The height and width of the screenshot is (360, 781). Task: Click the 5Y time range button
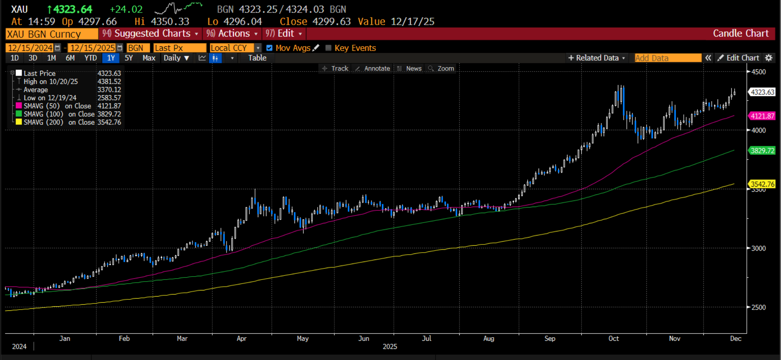coord(129,58)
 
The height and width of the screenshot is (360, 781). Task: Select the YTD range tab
coord(90,58)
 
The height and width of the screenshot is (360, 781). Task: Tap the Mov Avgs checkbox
coord(269,48)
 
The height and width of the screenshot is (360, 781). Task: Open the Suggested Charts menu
coord(150,34)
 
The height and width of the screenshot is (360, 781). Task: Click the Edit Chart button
coord(738,58)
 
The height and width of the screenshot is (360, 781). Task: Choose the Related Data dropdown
coord(596,58)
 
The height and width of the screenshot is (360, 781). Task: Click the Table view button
coord(257,58)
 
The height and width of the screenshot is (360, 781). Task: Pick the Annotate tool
coord(373,69)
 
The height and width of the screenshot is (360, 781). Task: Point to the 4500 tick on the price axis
coord(758,72)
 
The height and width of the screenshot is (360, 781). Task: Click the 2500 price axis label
coord(758,308)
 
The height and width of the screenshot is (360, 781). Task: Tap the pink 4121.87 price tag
coord(762,116)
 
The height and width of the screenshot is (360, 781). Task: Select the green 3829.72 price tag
coord(762,151)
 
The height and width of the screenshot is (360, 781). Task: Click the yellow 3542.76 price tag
coord(762,184)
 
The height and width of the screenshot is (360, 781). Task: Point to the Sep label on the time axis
coord(550,338)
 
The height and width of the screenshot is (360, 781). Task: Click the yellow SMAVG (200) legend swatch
coord(19,122)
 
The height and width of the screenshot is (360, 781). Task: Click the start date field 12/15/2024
coord(31,48)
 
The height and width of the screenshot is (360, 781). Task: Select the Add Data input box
coord(668,58)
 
